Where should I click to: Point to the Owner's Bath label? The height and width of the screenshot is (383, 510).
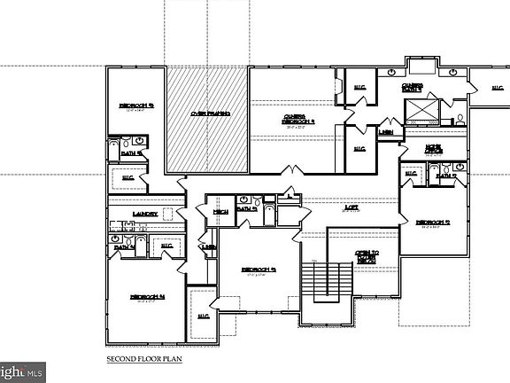413,88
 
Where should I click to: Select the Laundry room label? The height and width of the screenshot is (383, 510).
145,215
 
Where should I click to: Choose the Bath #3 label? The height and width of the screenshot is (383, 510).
246,209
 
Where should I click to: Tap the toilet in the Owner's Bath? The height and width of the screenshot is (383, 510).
460,118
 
